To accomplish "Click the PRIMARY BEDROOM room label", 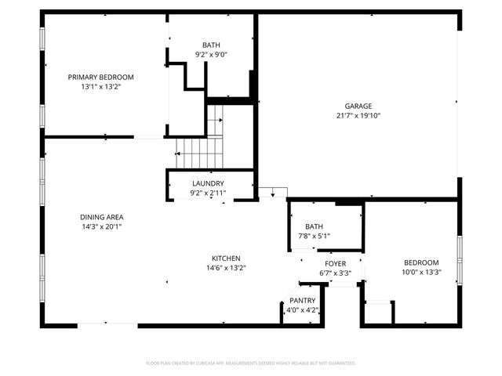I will [x=100, y=77].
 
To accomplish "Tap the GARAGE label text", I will [x=358, y=106].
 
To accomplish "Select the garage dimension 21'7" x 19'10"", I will [x=358, y=115].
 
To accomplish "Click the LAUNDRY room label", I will [x=208, y=183].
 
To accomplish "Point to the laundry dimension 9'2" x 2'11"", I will [x=208, y=193].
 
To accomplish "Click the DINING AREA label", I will [x=101, y=217].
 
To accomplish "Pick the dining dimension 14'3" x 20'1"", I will [x=101, y=226].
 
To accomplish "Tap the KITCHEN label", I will [x=226, y=258].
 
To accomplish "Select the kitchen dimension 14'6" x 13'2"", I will [x=226, y=268].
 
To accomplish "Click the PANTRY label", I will [x=302, y=301].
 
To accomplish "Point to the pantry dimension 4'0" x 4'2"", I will [x=302, y=310].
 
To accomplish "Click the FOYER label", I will [x=335, y=264].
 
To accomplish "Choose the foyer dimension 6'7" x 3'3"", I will [x=335, y=273].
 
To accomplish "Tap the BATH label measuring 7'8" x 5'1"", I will [x=314, y=226].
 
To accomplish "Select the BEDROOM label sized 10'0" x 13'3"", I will [x=421, y=263].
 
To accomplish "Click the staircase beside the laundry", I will [x=198, y=149].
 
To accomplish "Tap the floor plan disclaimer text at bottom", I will [x=251, y=363].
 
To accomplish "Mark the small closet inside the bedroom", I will [x=380, y=313].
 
